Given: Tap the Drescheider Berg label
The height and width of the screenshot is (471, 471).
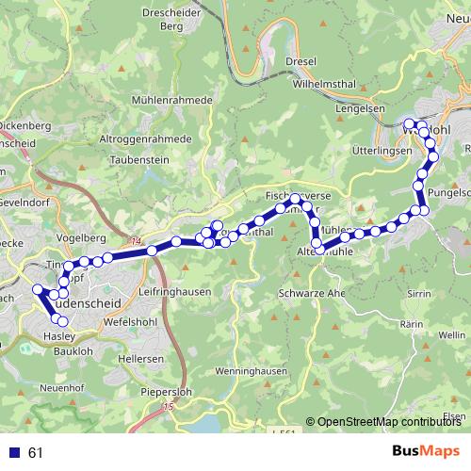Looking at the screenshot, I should pyautogui.click(x=171, y=20).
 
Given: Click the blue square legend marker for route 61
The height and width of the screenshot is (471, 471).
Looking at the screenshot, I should pyautogui.click(x=12, y=453).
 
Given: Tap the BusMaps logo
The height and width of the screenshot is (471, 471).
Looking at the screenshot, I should pyautogui.click(x=426, y=452).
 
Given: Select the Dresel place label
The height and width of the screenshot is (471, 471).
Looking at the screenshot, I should pyautogui.click(x=300, y=60).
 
